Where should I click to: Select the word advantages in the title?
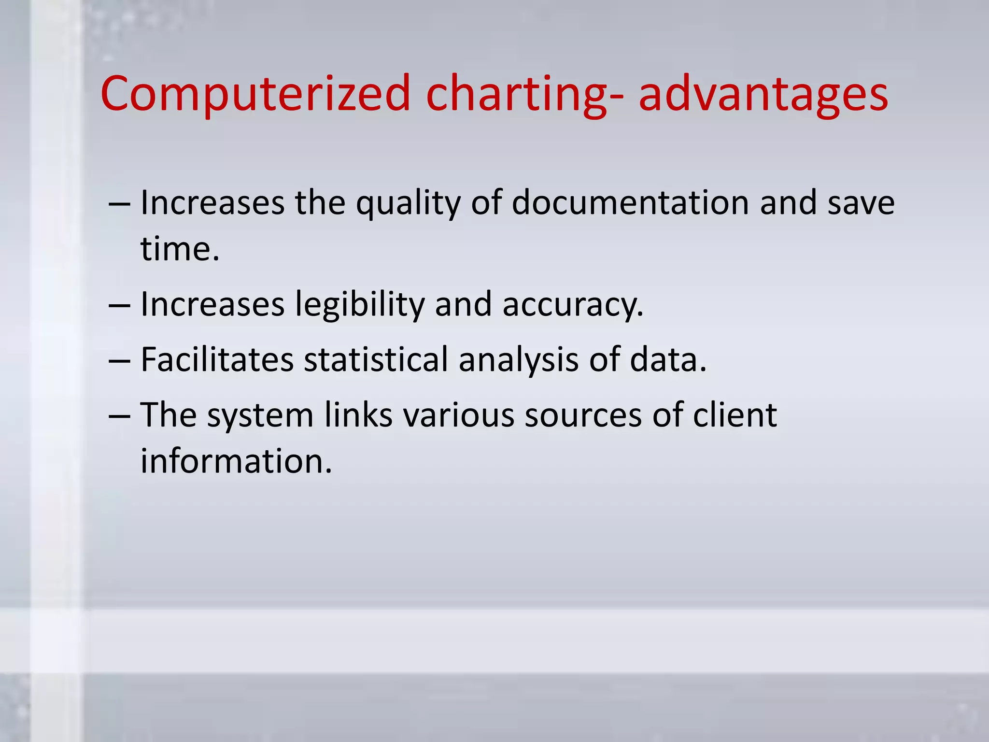763,94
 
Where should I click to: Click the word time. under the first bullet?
180,249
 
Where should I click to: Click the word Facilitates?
217,360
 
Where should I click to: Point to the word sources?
583,415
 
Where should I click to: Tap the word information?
236,461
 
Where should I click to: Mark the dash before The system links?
119,416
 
